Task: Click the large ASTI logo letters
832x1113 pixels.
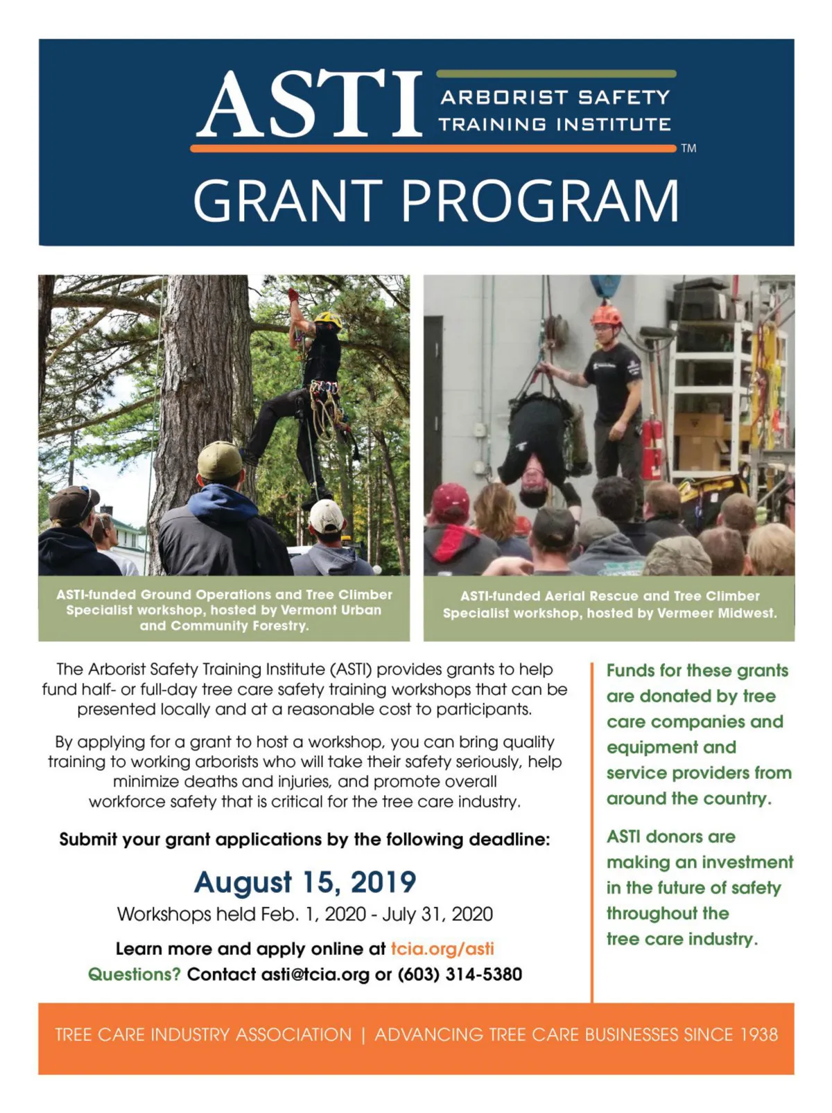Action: [309, 104]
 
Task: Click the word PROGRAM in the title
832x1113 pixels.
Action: [540, 200]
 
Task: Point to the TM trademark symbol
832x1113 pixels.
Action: [688, 148]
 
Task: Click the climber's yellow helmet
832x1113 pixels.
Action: [328, 319]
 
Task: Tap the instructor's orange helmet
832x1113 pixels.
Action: [606, 315]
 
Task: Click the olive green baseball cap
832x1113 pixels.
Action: [219, 459]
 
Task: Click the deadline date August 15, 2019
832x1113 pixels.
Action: [305, 882]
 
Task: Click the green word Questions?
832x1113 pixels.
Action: [135, 974]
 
